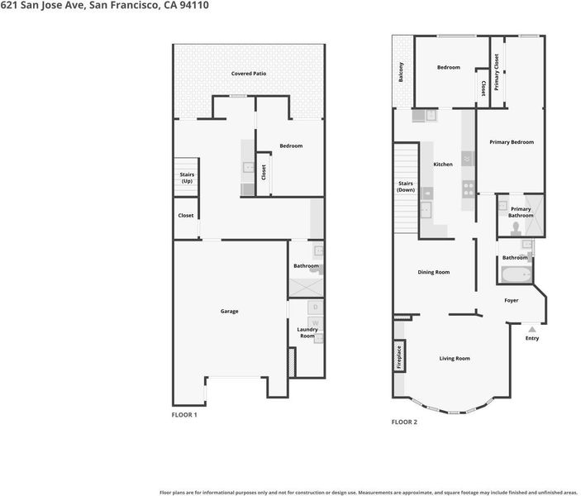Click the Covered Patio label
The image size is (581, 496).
pyautogui.click(x=249, y=74)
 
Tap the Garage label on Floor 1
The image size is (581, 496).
pyautogui.click(x=230, y=312)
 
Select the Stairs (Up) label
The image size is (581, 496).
pyautogui.click(x=187, y=178)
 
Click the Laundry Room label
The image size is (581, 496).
pyautogui.click(x=307, y=332)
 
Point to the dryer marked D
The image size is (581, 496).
pyautogui.click(x=316, y=307)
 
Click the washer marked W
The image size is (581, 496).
pyautogui.click(x=316, y=323)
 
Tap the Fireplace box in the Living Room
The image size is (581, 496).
pyautogui.click(x=399, y=356)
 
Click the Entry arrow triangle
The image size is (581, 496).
pyautogui.click(x=532, y=329)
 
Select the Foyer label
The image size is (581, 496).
pyautogui.click(x=512, y=300)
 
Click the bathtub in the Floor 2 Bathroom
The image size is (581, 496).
pyautogui.click(x=517, y=274)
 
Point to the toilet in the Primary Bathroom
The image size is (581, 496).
pyautogui.click(x=516, y=229)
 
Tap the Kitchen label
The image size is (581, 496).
pyautogui.click(x=443, y=165)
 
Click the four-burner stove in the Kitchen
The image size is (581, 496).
pyautogui.click(x=469, y=188)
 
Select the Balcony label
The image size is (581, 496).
pyautogui.click(x=401, y=72)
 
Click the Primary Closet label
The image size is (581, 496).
pyautogui.click(x=497, y=72)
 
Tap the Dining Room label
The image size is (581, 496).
pyautogui.click(x=434, y=272)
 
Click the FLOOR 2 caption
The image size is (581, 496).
pyautogui.click(x=404, y=422)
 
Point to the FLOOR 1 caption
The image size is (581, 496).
pyautogui.click(x=184, y=415)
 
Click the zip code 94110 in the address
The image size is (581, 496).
pyautogui.click(x=194, y=5)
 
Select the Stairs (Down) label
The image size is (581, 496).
pyautogui.click(x=406, y=187)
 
